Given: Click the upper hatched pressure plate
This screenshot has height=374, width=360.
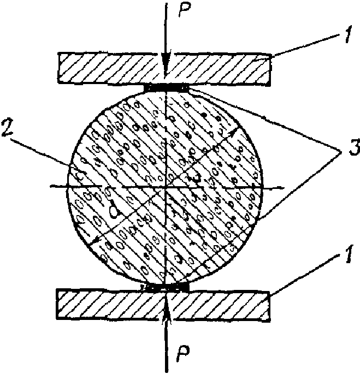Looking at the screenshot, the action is tap(109, 68).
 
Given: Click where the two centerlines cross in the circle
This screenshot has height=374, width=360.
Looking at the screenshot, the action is tap(166, 187).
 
